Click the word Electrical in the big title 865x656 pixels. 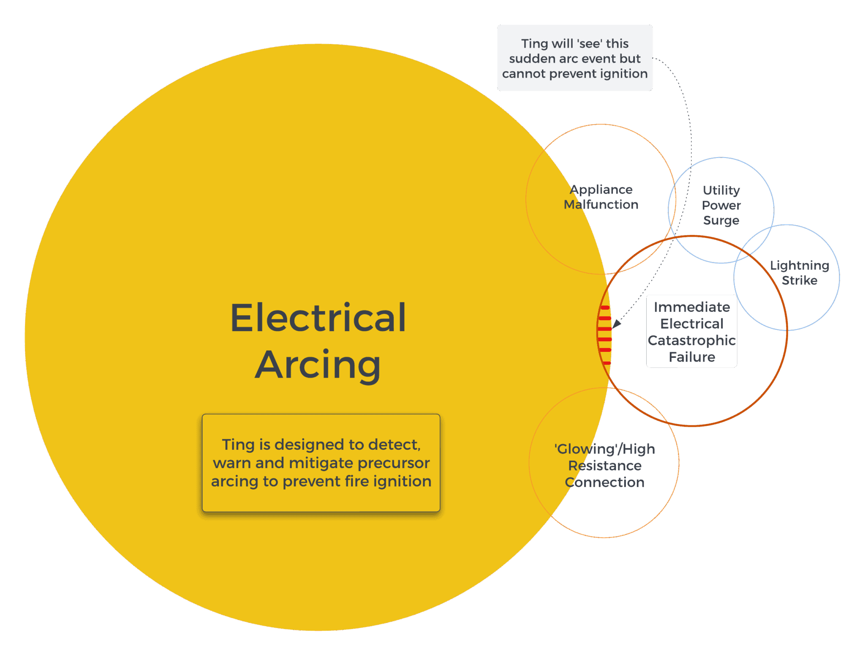pos(318,318)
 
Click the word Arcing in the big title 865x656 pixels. pos(318,365)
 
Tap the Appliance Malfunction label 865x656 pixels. pos(601,197)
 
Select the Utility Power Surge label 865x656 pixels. pos(721,205)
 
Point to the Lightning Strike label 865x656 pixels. pos(799,272)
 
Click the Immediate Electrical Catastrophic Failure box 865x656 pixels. pos(691,331)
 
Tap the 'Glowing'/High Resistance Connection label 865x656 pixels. pos(604,465)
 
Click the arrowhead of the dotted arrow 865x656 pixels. pos(616,324)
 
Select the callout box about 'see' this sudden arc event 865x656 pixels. pos(574,58)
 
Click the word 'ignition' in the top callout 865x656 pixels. pos(623,73)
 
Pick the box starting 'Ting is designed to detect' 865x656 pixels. pos(321,463)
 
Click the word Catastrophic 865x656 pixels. pos(691,340)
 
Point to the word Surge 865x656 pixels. pos(721,220)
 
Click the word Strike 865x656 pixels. pos(799,280)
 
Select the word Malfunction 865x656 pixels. pos(601,204)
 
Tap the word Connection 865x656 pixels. pos(604,482)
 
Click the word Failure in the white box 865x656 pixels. pos(691,357)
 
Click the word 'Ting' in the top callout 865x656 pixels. pos(534,44)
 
